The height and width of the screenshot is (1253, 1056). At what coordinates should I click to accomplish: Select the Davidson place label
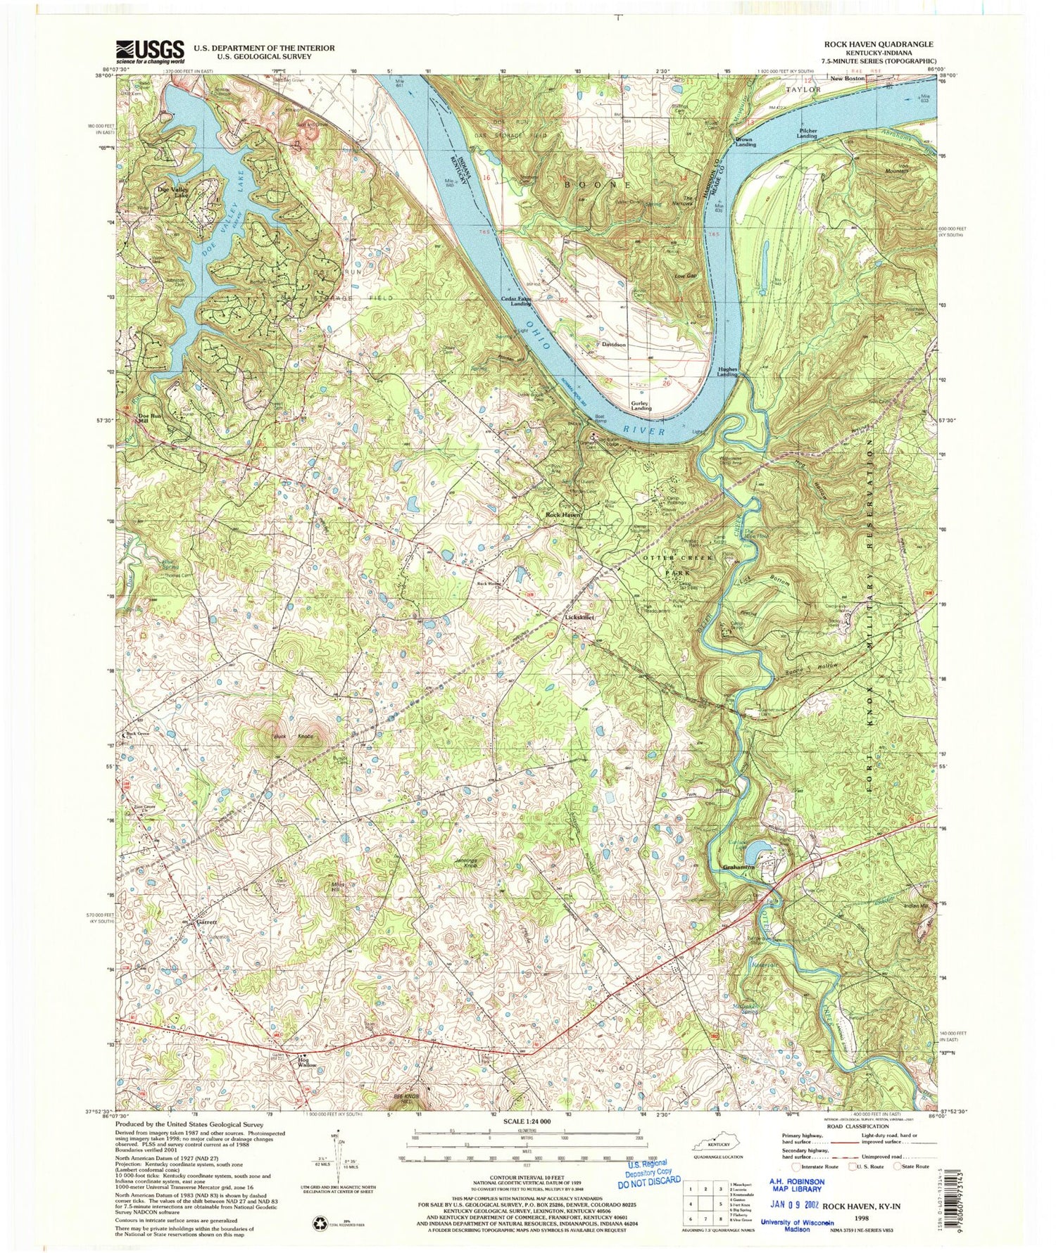[x=615, y=345]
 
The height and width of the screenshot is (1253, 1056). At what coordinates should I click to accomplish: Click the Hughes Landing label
[x=727, y=371]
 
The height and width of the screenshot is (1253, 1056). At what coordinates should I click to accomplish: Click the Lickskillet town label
[x=581, y=618]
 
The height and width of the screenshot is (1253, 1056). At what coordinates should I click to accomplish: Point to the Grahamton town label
[x=738, y=867]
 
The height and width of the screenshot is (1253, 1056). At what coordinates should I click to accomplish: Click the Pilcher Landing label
[x=807, y=133]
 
